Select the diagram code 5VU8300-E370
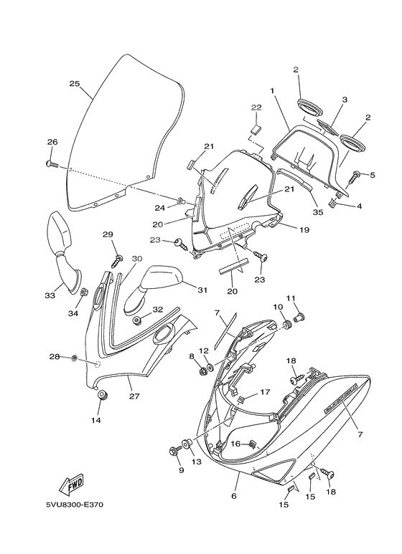point(75,505)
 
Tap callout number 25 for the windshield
point(75,84)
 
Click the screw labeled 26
point(52,164)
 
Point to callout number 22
point(256,108)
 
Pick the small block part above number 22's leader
point(256,129)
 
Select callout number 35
point(318,212)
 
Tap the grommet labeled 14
point(103,395)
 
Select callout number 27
point(134,396)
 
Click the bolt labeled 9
point(175,451)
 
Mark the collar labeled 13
point(187,444)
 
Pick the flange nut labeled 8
point(203,371)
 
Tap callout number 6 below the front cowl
point(233,496)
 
